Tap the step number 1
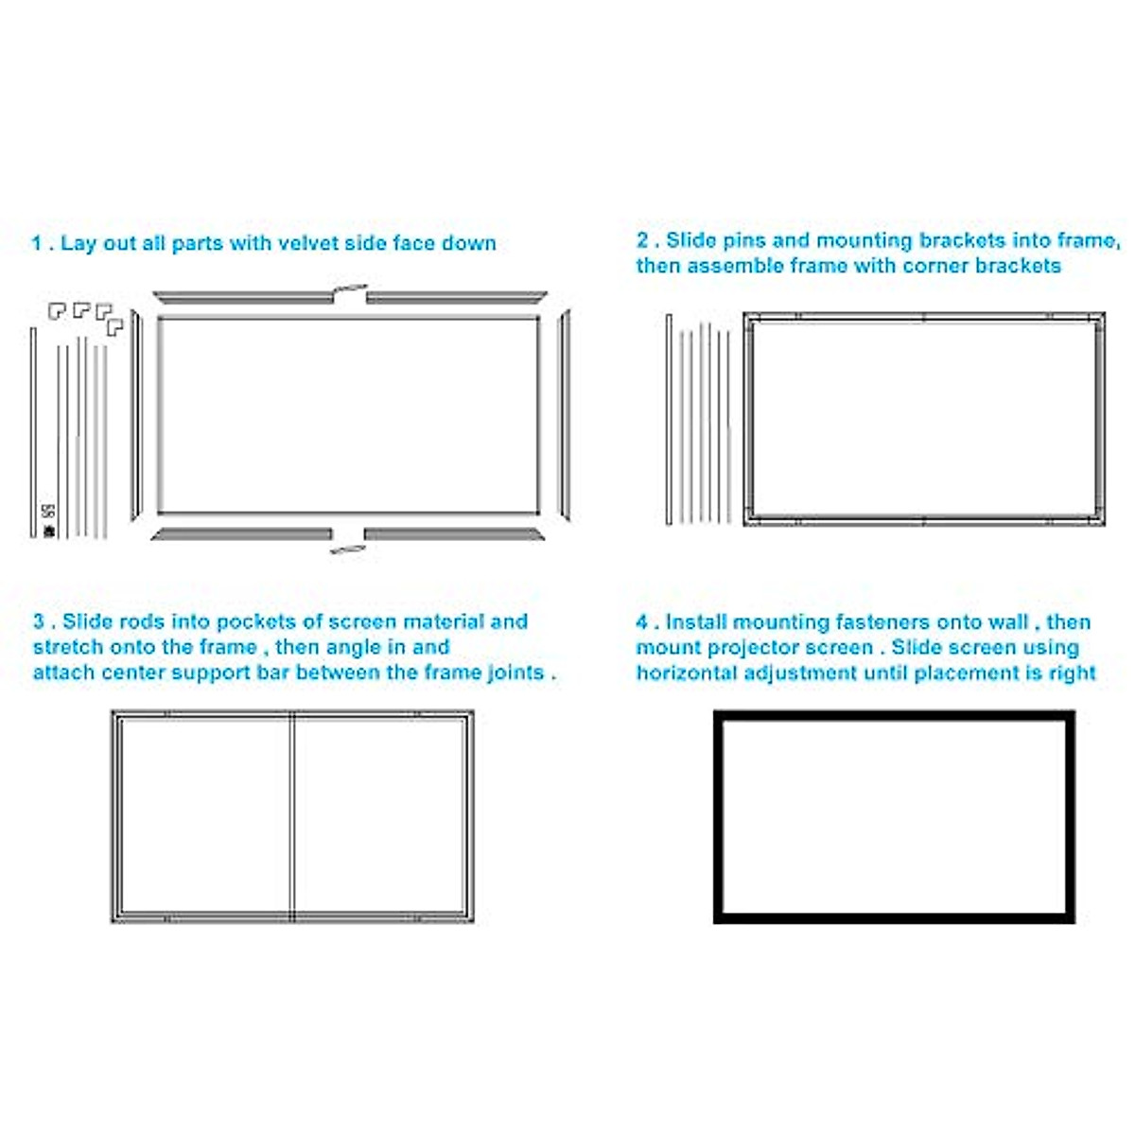pos(37,243)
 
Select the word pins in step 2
pos(741,240)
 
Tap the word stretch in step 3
pos(68,647)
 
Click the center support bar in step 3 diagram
pos(291,815)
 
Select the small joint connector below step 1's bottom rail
pos(347,546)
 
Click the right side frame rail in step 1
pos(565,414)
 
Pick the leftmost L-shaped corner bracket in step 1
pos(56,309)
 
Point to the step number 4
pos(642,622)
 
